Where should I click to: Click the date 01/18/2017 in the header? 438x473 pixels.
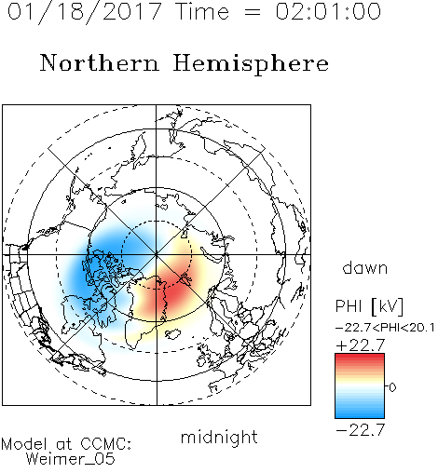(85, 12)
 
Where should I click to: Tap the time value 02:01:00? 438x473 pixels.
(328, 11)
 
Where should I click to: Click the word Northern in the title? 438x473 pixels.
(100, 63)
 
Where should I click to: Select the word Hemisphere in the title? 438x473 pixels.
(251, 64)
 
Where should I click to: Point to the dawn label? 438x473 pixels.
(365, 268)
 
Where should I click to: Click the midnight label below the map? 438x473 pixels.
(219, 438)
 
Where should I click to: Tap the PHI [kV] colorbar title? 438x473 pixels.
(369, 306)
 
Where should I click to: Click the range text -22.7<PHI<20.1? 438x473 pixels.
(385, 328)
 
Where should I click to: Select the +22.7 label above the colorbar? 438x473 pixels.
(361, 345)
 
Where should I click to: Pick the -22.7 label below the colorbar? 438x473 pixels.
(361, 430)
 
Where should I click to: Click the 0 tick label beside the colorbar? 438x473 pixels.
(392, 387)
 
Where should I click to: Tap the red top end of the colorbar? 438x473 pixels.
(360, 356)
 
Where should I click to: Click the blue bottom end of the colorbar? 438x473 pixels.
(360, 415)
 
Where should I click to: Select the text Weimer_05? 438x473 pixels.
(71, 458)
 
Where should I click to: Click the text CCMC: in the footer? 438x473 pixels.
(106, 444)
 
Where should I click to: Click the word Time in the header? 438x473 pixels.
(202, 11)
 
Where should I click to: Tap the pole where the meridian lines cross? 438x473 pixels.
(157, 255)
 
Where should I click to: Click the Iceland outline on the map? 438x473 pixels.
(173, 334)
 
